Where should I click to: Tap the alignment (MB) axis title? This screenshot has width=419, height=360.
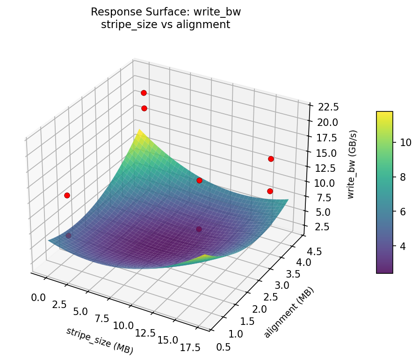[289, 312]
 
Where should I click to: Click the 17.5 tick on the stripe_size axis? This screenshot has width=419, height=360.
[191, 347]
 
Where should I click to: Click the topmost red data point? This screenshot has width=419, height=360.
[144, 93]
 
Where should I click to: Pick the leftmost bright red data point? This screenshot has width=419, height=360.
[67, 195]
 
